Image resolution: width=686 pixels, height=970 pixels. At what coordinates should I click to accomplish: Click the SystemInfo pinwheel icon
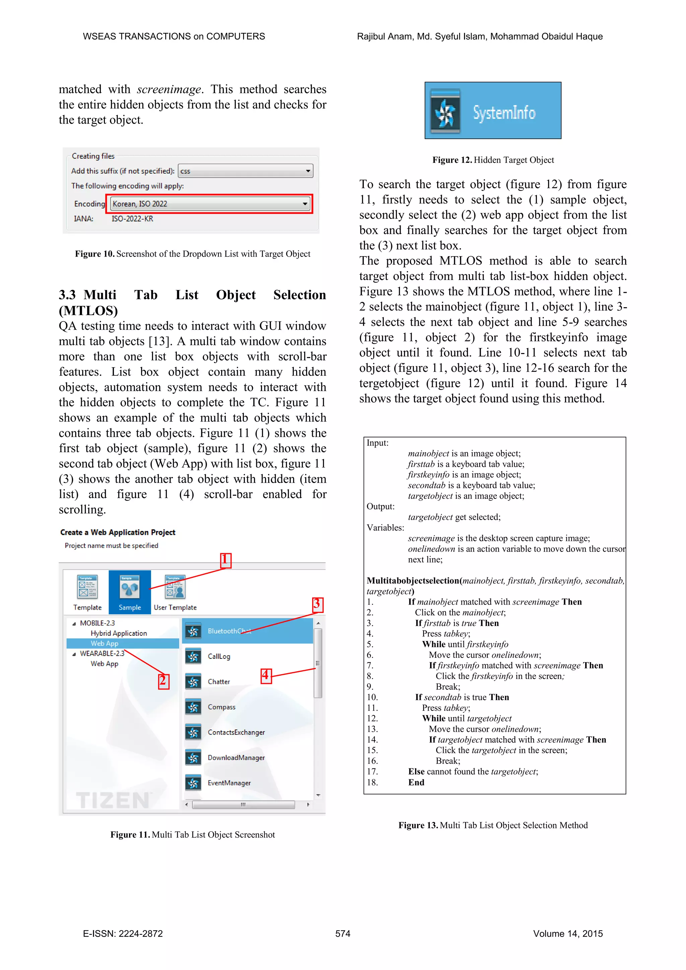point(445,113)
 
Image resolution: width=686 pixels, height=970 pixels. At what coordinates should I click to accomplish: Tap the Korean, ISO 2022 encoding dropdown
point(209,204)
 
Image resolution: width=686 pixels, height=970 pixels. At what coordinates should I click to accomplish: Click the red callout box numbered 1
point(225,560)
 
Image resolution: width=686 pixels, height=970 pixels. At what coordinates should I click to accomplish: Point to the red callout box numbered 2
point(163,681)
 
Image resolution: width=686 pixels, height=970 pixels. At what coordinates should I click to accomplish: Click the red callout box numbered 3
point(317,605)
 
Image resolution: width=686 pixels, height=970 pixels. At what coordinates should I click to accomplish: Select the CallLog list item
point(219,656)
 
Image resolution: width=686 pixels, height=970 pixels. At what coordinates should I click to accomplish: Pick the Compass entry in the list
point(221,707)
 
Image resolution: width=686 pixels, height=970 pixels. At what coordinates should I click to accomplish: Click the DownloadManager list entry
point(236,758)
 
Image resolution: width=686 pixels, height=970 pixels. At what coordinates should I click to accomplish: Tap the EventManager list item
point(229,783)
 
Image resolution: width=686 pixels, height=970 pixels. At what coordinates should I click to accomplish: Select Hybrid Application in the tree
point(119,633)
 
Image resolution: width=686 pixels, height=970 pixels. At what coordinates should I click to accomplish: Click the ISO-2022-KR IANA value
point(132,219)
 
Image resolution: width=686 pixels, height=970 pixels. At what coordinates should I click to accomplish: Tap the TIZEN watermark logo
point(113,800)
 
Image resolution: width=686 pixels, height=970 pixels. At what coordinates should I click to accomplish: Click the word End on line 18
point(416,782)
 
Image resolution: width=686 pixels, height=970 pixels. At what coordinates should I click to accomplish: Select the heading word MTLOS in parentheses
point(88,310)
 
